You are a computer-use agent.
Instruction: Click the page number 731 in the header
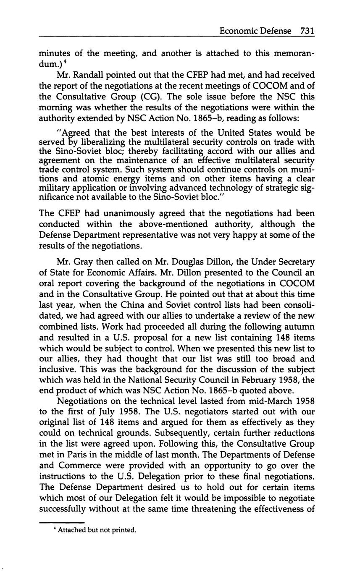[307, 31]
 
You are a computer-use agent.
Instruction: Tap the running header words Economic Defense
[252, 31]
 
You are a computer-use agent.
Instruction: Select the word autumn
[300, 327]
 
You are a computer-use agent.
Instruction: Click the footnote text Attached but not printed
[97, 530]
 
